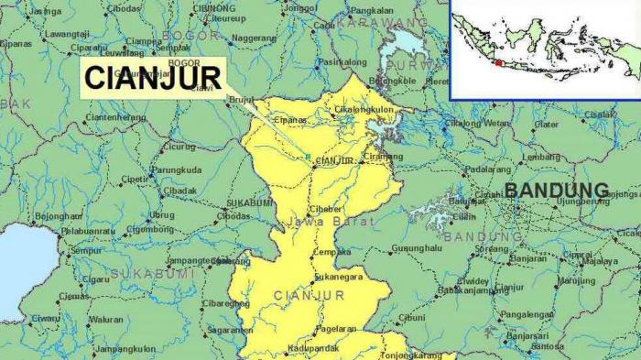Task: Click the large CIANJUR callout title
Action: [x=153, y=77]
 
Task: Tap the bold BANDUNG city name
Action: [x=556, y=191]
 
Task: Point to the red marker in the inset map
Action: [x=498, y=62]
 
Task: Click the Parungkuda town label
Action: [x=177, y=169]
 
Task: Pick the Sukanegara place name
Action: [x=338, y=276]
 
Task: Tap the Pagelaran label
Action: [x=336, y=328]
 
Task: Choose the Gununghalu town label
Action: [x=417, y=248]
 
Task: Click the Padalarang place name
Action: [x=487, y=169]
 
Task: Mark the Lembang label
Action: [x=541, y=157]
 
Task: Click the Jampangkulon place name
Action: [x=125, y=348]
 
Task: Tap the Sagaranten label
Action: [x=230, y=330]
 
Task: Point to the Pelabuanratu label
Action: [x=88, y=232]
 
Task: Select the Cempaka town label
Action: [x=332, y=252]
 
